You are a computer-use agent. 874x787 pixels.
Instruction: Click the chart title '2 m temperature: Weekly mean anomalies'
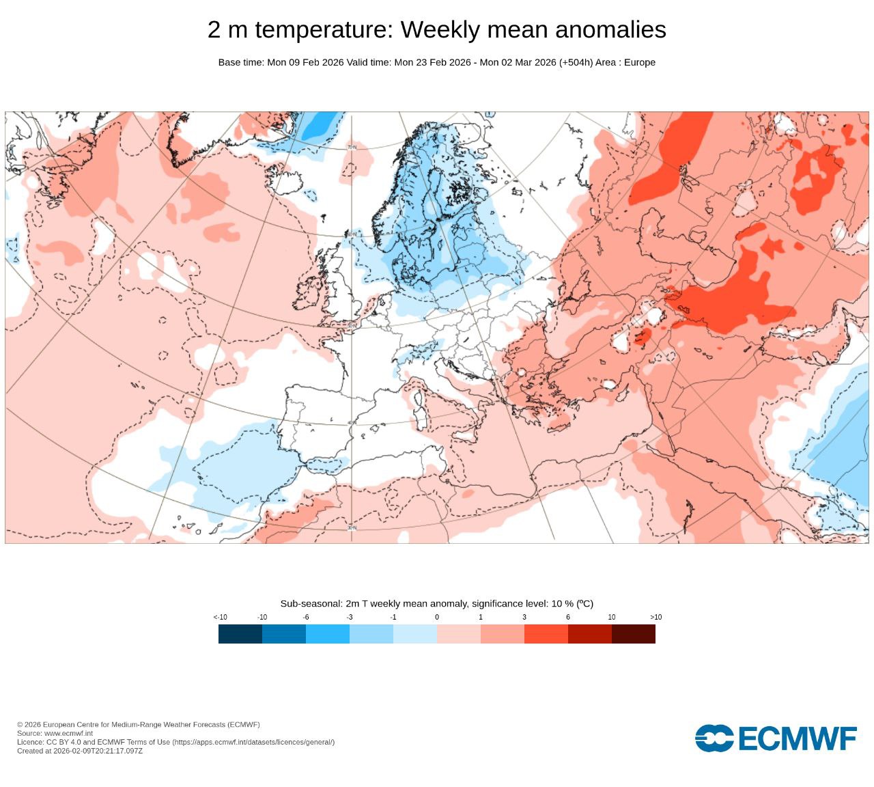(437, 30)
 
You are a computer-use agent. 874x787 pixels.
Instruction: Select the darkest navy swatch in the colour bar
(240, 634)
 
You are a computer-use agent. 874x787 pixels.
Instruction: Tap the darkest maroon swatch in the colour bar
(634, 634)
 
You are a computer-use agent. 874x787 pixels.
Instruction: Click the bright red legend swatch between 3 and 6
(546, 634)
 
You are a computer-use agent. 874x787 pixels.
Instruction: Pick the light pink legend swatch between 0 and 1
(459, 634)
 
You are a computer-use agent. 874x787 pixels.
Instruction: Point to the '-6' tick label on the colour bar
(306, 618)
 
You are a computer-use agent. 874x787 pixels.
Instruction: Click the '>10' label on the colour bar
(655, 618)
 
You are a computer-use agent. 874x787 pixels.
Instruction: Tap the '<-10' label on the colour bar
(220, 618)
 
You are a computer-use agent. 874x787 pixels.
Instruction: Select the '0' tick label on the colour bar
(437, 618)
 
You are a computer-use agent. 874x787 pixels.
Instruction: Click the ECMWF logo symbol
(714, 738)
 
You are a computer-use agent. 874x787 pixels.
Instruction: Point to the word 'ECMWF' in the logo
(798, 738)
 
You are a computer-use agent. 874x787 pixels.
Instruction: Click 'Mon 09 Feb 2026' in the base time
(305, 62)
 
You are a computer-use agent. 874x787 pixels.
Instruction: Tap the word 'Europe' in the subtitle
(640, 62)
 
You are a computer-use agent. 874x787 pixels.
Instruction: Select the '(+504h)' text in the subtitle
(576, 62)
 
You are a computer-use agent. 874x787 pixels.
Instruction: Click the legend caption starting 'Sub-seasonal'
(437, 604)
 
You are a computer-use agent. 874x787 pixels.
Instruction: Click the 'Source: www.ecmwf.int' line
(55, 733)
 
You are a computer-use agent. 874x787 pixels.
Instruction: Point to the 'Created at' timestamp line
(80, 751)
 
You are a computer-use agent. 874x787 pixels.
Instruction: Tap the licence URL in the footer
(253, 742)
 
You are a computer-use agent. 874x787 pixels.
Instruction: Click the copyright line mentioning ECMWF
(139, 725)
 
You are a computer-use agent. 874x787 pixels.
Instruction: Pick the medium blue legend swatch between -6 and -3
(328, 634)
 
